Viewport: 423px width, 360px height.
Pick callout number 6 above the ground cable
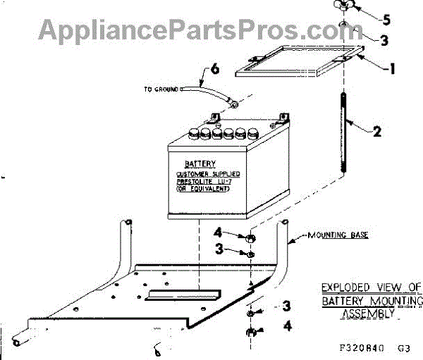click(x=215, y=70)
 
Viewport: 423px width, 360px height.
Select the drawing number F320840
click(x=362, y=347)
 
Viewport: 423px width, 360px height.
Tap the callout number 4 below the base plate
click(x=286, y=326)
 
